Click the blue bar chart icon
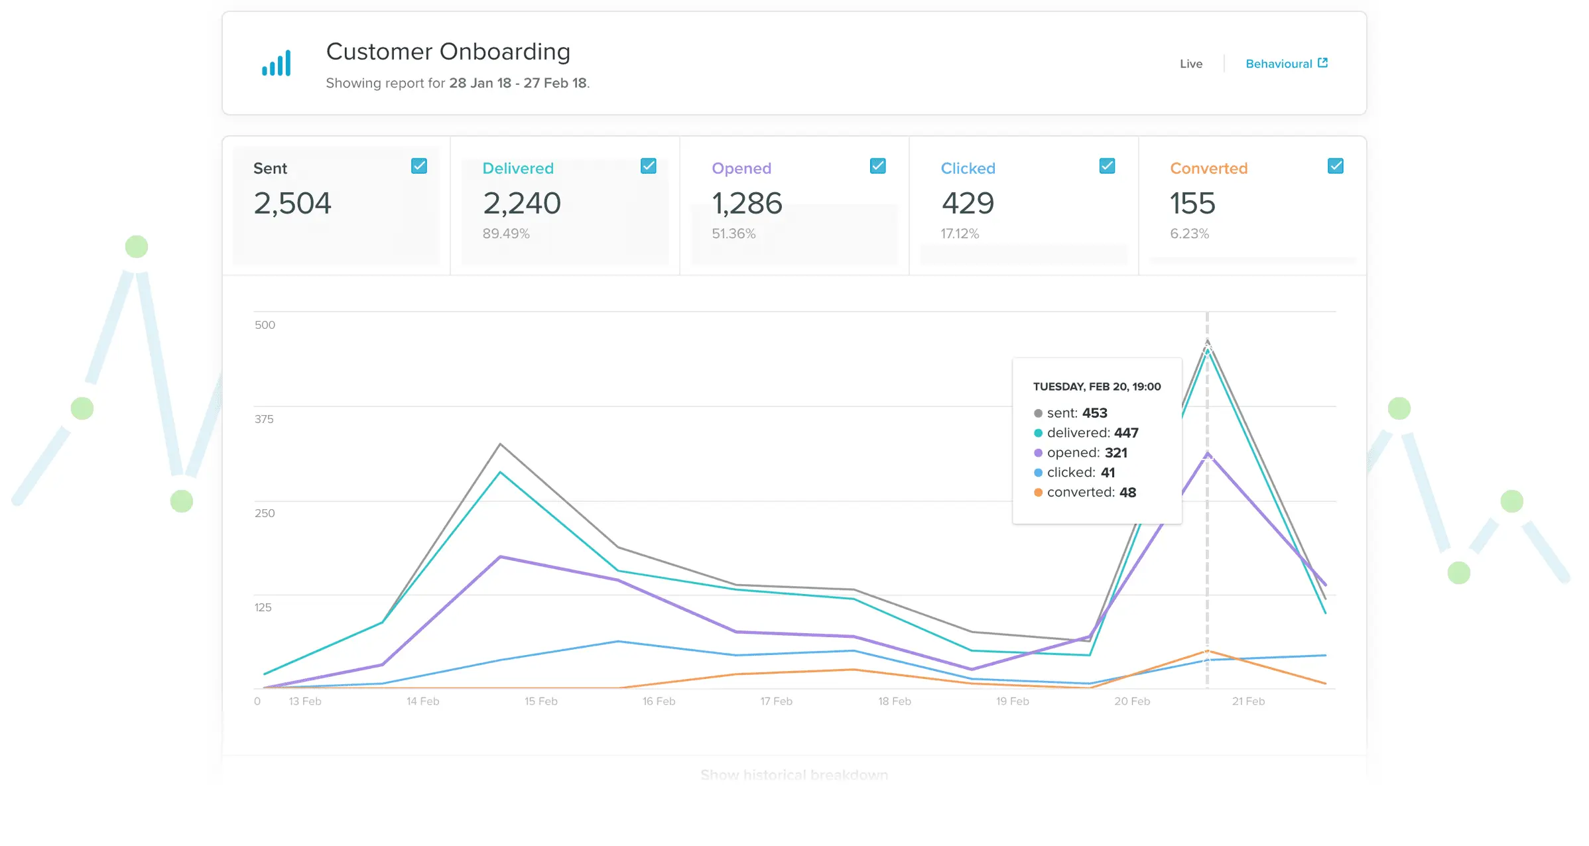(276, 64)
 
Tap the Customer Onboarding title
(448, 52)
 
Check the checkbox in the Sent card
(419, 166)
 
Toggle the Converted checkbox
(1336, 166)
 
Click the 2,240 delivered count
(521, 203)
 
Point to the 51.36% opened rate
(733, 233)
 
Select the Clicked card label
(968, 168)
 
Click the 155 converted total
(1192, 203)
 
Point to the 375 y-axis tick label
(264, 419)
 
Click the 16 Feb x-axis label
(659, 701)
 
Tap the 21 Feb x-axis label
(1248, 701)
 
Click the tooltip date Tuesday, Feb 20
(1096, 387)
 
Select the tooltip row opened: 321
(1086, 453)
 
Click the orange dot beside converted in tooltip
(1038, 493)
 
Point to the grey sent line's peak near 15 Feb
(500, 444)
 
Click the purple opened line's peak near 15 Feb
(501, 557)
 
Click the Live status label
(1190, 64)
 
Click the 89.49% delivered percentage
(505, 233)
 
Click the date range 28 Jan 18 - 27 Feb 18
(517, 83)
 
